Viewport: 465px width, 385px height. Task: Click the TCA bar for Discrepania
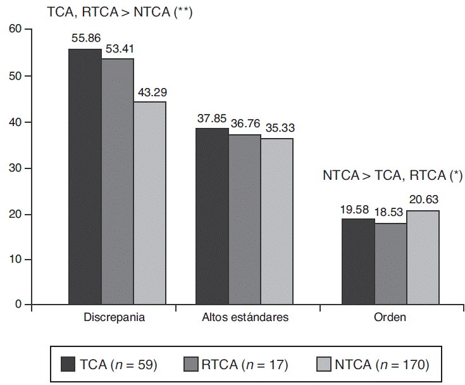tap(85, 177)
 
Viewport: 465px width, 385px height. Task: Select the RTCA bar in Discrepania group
tap(117, 182)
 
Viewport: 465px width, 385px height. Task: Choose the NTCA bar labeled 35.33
tap(276, 222)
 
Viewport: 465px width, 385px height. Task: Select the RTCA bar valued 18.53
tap(390, 264)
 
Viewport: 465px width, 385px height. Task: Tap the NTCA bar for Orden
tap(423, 258)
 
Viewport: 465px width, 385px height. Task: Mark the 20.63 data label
tap(423, 199)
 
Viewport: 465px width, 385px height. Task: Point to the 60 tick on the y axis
tap(15, 30)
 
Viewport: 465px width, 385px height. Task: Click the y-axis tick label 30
tap(15, 168)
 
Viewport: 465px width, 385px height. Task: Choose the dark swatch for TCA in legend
tap(68, 364)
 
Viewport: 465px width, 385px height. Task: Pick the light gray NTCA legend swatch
tap(323, 364)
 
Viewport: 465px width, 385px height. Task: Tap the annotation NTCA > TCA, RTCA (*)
tap(393, 175)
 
